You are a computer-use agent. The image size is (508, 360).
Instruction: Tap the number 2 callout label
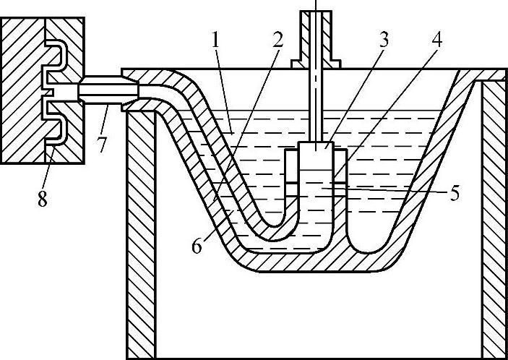click(x=277, y=40)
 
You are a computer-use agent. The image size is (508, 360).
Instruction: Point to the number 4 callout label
click(x=437, y=40)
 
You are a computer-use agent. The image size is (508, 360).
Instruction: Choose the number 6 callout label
click(x=197, y=247)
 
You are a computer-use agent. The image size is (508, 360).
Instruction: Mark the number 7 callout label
click(x=103, y=144)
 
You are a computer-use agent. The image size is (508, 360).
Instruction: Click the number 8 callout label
click(x=43, y=199)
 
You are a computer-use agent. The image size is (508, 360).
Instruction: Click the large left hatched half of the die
click(x=22, y=90)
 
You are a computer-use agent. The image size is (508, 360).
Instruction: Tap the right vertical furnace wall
click(x=494, y=217)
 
